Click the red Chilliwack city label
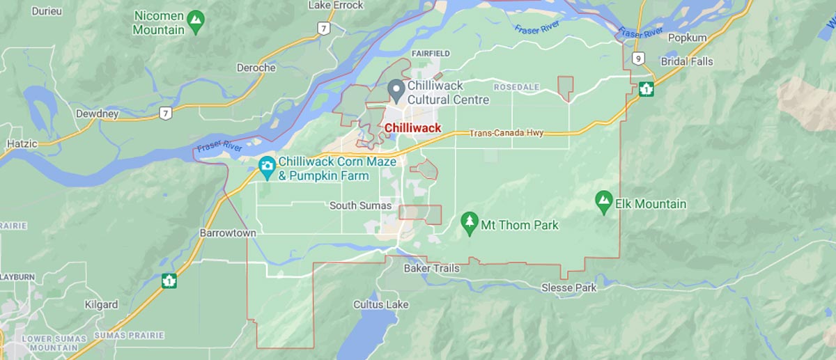[x=412, y=128]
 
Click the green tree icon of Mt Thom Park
[x=470, y=223]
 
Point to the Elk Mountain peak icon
[x=603, y=202]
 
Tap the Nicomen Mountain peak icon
[x=196, y=20]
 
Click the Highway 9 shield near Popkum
[x=639, y=58]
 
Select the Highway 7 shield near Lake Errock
[x=323, y=29]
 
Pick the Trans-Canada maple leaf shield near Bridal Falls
[x=647, y=88]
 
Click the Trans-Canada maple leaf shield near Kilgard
[x=169, y=281]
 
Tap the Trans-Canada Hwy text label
[x=506, y=133]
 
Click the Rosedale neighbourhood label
[x=516, y=87]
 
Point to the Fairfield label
[x=431, y=54]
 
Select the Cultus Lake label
[x=380, y=304]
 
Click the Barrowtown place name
[x=228, y=233]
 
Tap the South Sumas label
[x=360, y=205]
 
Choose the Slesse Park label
[x=568, y=288]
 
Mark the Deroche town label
[x=256, y=68]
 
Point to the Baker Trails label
[x=432, y=268]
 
